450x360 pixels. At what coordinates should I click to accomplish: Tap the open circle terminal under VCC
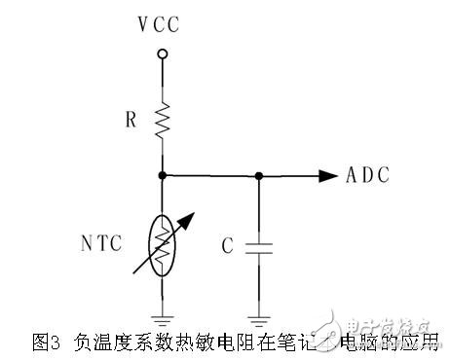click(x=163, y=54)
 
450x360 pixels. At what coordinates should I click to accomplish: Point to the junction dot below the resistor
click(x=163, y=176)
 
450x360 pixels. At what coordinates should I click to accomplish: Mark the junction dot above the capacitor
click(x=258, y=176)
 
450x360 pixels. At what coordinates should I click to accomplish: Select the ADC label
click(x=368, y=176)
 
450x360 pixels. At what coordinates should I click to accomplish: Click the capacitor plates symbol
click(x=258, y=247)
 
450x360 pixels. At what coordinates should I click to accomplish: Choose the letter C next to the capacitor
click(x=227, y=247)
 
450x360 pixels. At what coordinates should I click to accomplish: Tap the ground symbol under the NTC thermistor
click(x=163, y=315)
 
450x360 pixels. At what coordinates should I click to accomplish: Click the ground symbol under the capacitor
click(x=258, y=315)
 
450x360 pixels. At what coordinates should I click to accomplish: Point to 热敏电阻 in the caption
click(x=195, y=342)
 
